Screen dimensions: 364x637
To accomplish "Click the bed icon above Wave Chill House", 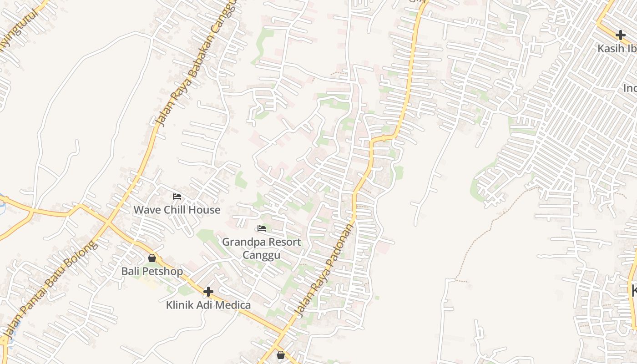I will click(177, 197).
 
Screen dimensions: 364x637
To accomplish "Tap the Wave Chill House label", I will click(177, 210).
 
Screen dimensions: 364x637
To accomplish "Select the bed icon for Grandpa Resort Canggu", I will click(261, 228).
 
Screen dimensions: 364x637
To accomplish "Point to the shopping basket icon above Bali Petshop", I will click(152, 258).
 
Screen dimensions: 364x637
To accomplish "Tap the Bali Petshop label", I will click(152, 271).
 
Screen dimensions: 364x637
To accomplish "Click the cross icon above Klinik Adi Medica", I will click(208, 291).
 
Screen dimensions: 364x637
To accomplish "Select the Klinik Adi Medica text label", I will click(208, 305).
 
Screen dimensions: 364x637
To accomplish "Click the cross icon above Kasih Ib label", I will click(620, 35).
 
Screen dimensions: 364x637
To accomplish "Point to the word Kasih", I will click(609, 48).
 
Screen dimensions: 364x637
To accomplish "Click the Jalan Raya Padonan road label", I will click(324, 271).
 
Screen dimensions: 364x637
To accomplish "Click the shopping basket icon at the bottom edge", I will click(281, 354).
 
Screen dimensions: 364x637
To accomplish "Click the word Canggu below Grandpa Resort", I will click(261, 255).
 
